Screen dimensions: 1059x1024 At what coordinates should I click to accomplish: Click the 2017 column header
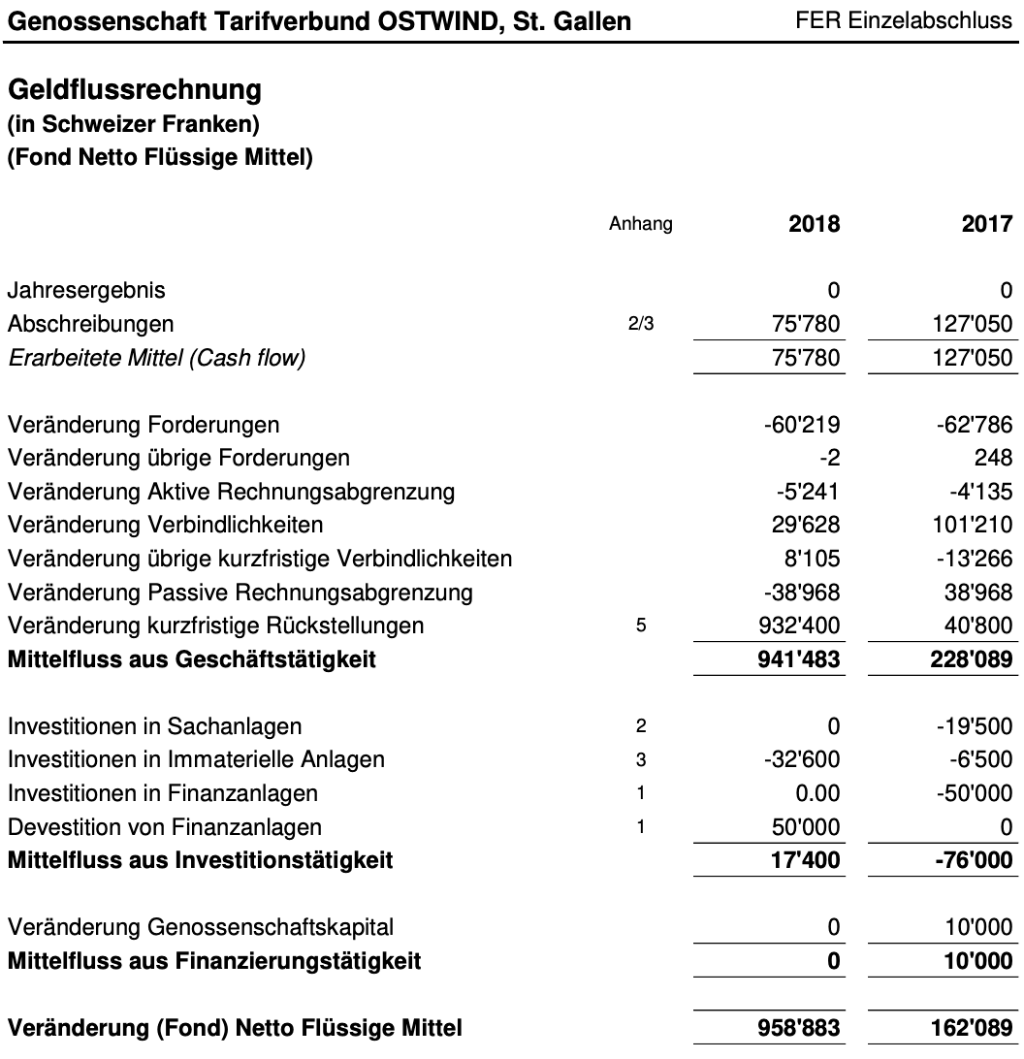986,225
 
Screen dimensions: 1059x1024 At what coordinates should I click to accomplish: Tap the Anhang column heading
640,225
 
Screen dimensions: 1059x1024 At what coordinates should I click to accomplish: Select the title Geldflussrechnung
135,90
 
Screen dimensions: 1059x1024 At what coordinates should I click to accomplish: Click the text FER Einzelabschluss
903,20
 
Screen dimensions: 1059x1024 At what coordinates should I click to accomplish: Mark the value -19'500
977,726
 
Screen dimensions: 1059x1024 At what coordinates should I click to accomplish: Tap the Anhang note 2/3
640,325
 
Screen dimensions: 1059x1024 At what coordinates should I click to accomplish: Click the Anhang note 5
640,626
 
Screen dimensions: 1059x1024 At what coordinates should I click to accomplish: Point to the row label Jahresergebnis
86,290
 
